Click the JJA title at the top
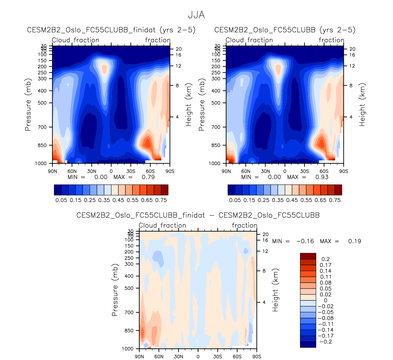pyautogui.click(x=196, y=15)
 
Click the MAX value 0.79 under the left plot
pyautogui.click(x=148, y=177)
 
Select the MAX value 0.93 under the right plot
pyautogui.click(x=322, y=177)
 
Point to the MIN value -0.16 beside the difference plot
pyautogui.click(x=305, y=241)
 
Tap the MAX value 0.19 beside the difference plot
pyautogui.click(x=354, y=241)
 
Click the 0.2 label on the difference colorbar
pyautogui.click(x=325, y=259)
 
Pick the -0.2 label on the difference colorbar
pyautogui.click(x=325, y=342)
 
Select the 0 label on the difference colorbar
pyautogui.click(x=325, y=300)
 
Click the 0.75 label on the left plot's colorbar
pyautogui.click(x=161, y=200)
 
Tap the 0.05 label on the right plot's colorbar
pyautogui.click(x=235, y=200)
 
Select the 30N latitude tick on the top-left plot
pyautogui.click(x=91, y=171)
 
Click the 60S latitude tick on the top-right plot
pyautogui.click(x=324, y=171)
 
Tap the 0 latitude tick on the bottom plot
pyautogui.click(x=198, y=357)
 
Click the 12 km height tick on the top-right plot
pyautogui.click(x=352, y=66)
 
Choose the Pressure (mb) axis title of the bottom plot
pyautogui.click(x=115, y=290)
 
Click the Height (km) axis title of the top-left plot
pyautogui.click(x=188, y=105)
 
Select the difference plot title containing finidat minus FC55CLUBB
pyautogui.click(x=198, y=215)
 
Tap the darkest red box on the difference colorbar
pyautogui.click(x=308, y=256)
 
